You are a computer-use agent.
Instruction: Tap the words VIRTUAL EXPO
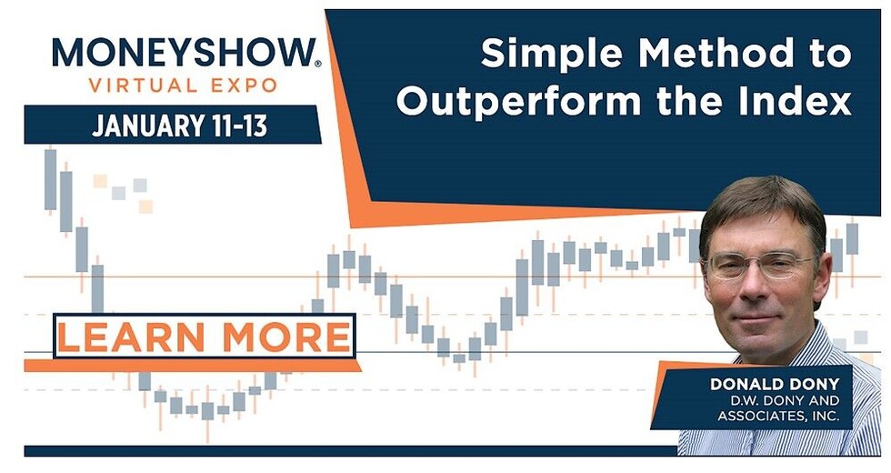[x=183, y=86]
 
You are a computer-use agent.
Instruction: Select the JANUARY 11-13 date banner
[x=172, y=125]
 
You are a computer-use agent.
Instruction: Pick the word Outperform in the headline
[x=519, y=102]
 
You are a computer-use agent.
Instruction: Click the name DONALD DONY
[x=775, y=384]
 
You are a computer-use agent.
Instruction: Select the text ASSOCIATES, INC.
[x=778, y=417]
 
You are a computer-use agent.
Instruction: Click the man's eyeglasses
[x=763, y=265]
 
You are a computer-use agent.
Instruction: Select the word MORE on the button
[x=286, y=337]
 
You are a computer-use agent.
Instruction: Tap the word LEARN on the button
[x=131, y=337]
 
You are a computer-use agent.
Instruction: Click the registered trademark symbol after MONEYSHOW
[x=317, y=64]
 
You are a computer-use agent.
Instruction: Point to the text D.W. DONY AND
[x=786, y=400]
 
